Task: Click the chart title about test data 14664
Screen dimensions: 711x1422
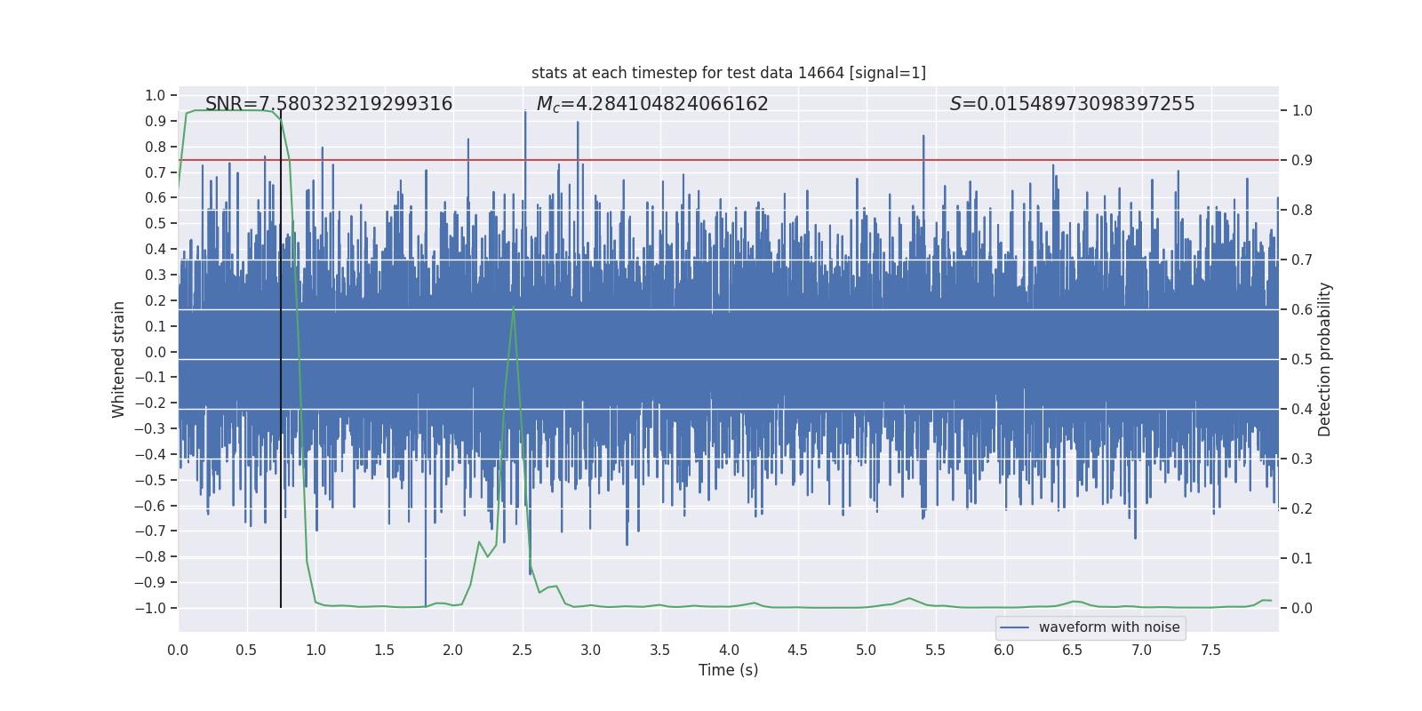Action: (x=728, y=73)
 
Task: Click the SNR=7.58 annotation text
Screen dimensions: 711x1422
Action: (x=329, y=104)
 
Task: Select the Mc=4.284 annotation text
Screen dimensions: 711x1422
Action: (x=652, y=104)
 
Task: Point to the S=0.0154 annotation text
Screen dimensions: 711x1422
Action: (x=1072, y=104)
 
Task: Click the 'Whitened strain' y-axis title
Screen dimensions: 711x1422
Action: (x=118, y=359)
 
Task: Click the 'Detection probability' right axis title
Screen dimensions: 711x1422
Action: (x=1325, y=359)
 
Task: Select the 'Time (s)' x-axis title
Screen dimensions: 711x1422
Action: (x=728, y=670)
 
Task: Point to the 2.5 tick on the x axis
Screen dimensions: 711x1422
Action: (x=522, y=650)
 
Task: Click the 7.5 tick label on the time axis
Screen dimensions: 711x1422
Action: (x=1210, y=650)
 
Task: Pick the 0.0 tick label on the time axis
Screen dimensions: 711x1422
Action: (x=178, y=650)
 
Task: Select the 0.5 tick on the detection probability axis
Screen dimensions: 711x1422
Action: (x=1301, y=359)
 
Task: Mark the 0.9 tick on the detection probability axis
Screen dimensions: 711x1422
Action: (x=1301, y=160)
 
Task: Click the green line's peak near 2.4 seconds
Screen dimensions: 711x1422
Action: (x=514, y=308)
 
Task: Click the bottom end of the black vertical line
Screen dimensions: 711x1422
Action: (x=281, y=606)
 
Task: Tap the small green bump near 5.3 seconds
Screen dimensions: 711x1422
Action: (x=909, y=598)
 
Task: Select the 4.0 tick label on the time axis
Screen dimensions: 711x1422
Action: (x=729, y=650)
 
